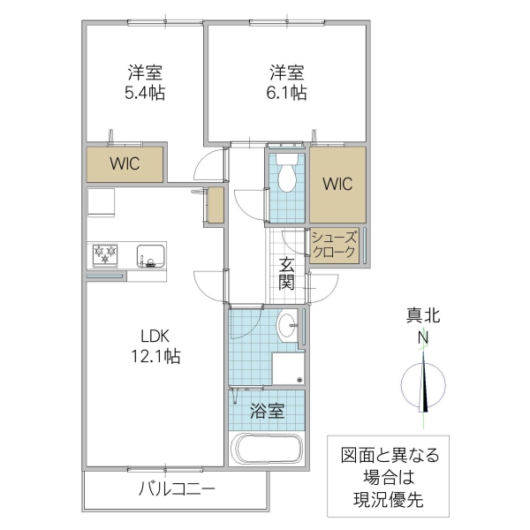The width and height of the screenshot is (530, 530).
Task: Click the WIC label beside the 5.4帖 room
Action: [x=125, y=163]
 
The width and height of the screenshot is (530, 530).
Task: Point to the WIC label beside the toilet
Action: [x=337, y=185]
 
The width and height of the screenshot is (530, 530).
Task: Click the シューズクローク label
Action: [x=334, y=245]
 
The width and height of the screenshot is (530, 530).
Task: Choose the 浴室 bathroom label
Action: [x=266, y=411]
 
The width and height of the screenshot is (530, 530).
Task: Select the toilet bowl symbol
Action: [x=285, y=177]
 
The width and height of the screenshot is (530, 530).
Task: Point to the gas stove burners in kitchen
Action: [x=108, y=256]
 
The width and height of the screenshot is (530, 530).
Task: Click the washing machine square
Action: [x=287, y=368]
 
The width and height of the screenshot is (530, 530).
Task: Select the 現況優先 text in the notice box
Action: [x=390, y=500]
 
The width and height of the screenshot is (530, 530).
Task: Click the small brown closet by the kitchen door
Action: [x=216, y=205]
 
